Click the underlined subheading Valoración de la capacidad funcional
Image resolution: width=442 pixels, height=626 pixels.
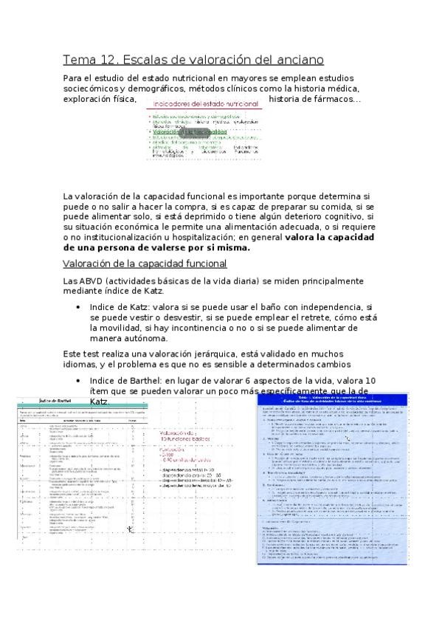point(145,264)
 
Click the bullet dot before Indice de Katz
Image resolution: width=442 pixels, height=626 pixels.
point(79,306)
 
